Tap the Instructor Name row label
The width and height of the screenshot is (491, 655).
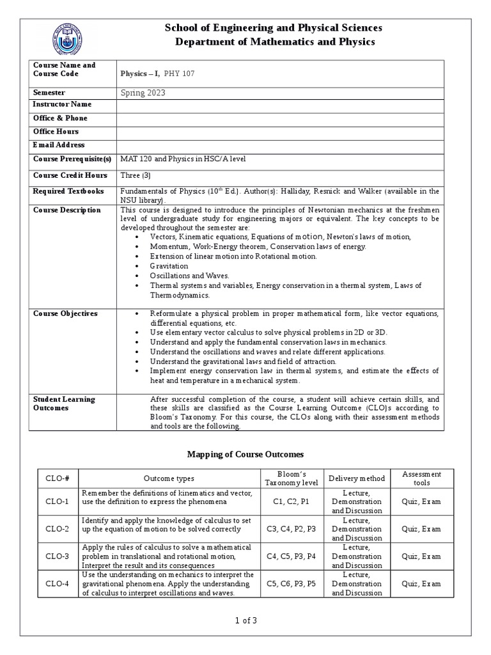coord(62,104)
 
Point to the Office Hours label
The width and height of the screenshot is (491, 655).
coord(56,132)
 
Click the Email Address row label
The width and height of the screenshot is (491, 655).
coord(59,145)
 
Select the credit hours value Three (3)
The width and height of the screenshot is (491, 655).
coord(136,175)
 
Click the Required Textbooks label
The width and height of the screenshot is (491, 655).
coord(68,191)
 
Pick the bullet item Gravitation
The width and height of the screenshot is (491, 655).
coord(169,265)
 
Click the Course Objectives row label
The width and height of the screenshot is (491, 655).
coord(65,313)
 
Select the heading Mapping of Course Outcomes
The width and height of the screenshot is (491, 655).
coord(245,454)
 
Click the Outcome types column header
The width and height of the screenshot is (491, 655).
coord(169,478)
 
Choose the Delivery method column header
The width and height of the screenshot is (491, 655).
coord(357,478)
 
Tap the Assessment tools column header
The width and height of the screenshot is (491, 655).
coord(421,478)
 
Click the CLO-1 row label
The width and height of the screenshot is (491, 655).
coord(58,502)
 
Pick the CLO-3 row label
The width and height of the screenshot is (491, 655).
coord(58,556)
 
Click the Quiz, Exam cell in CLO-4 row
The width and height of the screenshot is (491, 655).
coord(421,584)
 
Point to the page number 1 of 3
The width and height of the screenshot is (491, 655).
coord(245,620)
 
